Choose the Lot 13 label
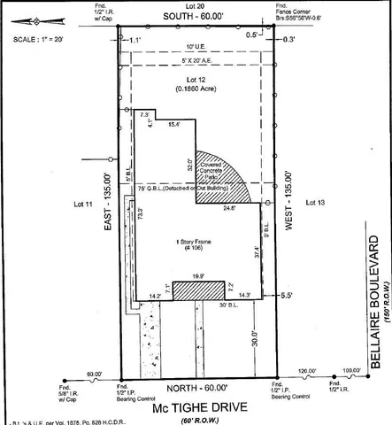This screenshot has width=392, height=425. pyautogui.click(x=316, y=203)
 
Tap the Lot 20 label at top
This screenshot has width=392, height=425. pyautogui.click(x=195, y=7)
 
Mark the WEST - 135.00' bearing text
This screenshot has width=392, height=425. pyautogui.click(x=288, y=207)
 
